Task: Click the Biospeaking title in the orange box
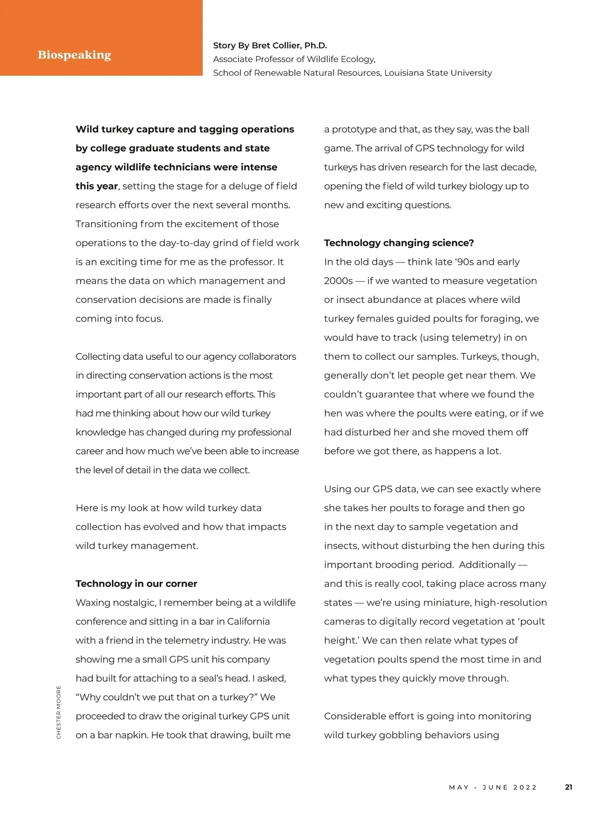click(x=74, y=55)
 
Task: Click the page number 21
click(x=568, y=787)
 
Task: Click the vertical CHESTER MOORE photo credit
click(x=58, y=712)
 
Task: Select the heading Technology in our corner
click(x=136, y=583)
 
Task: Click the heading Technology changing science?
click(x=399, y=243)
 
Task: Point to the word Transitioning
click(x=106, y=224)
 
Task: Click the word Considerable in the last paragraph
click(x=354, y=716)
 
